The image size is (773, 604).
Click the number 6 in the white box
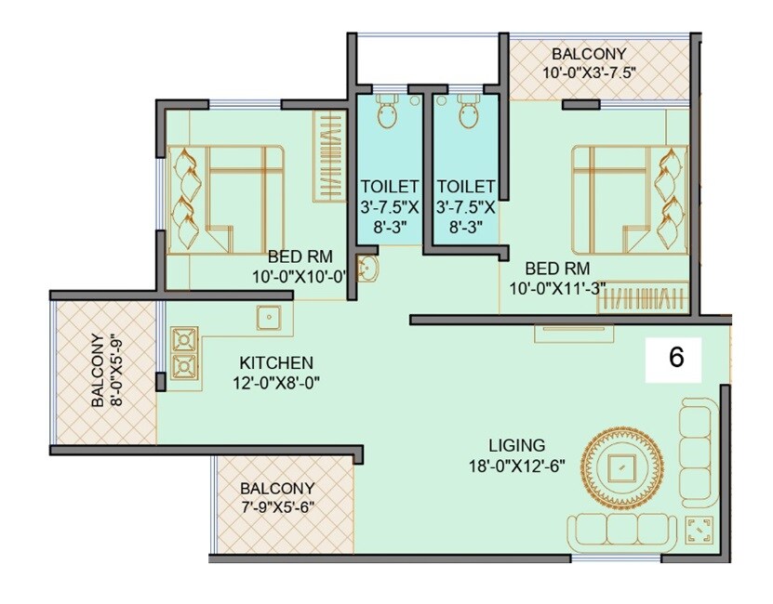tap(676, 359)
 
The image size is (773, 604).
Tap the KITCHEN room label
tap(276, 362)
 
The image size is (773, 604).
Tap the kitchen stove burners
tap(185, 353)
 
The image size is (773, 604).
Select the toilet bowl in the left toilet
tap(387, 113)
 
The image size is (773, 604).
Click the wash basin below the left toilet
tap(369, 269)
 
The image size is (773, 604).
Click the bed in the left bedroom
tap(228, 199)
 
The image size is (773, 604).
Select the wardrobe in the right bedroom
tap(643, 301)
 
